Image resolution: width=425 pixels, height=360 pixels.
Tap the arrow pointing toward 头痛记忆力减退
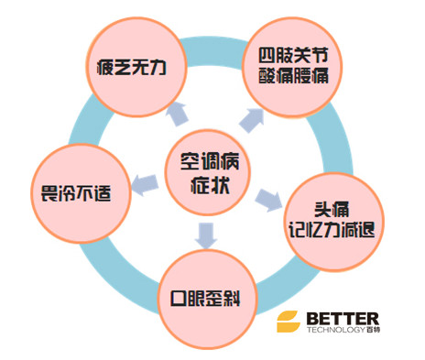266,197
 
